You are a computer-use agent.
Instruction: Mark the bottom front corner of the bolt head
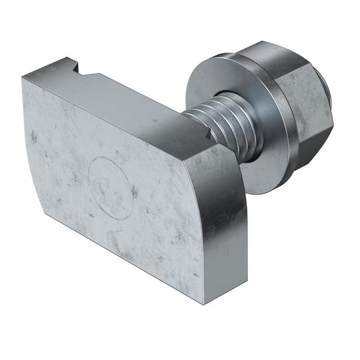(204, 303)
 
